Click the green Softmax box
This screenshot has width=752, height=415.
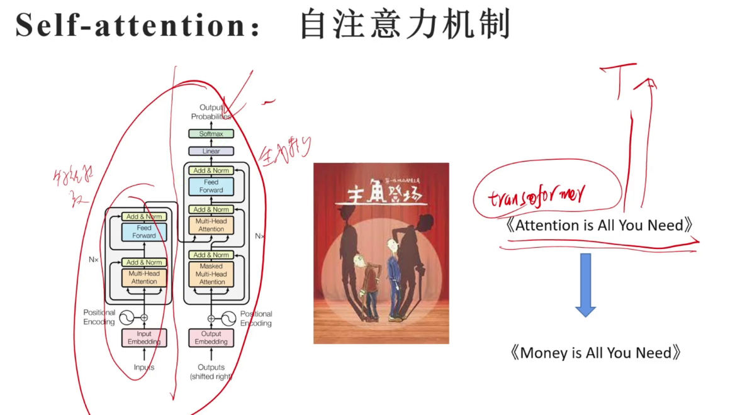211,134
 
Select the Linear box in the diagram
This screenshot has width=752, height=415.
211,152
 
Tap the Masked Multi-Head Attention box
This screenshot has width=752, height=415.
211,274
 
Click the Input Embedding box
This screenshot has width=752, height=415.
144,338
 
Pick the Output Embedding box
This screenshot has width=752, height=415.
211,338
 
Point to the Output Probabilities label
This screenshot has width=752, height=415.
211,112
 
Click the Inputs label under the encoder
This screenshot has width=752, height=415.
144,367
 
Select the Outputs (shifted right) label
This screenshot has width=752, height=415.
211,372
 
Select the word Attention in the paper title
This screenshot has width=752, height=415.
547,225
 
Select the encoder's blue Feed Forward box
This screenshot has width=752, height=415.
144,231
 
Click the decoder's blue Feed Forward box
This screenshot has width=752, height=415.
211,185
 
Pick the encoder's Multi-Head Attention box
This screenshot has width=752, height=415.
144,277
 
